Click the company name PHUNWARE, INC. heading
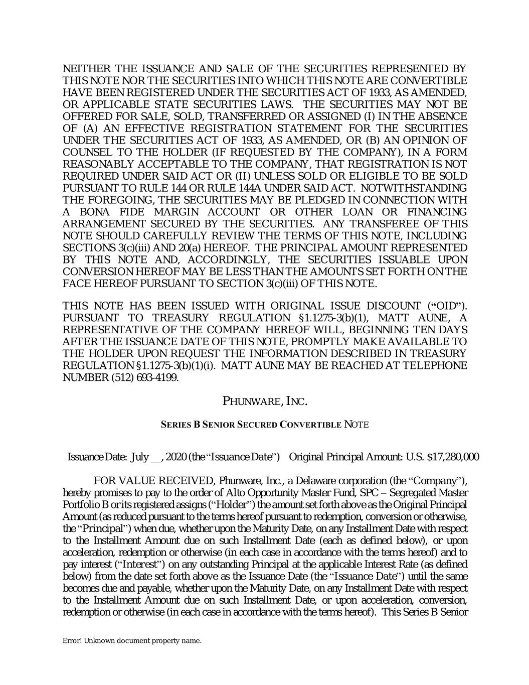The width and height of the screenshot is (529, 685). coord(264,401)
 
